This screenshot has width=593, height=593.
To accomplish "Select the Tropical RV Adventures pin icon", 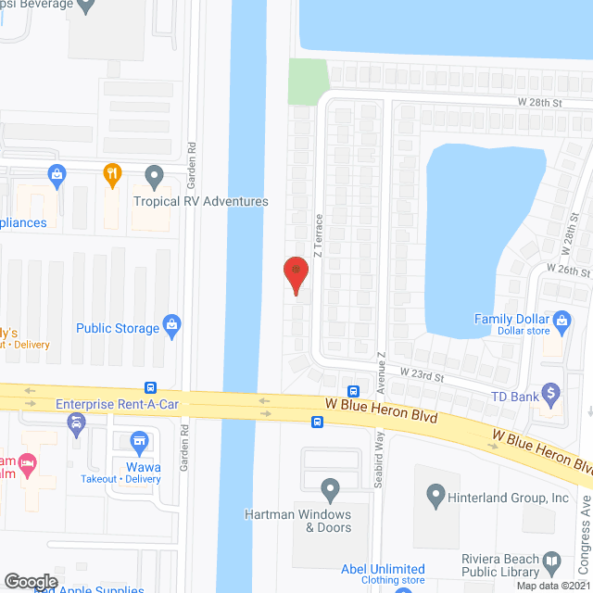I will coord(154,175).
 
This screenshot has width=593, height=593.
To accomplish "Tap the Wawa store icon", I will coord(139,442).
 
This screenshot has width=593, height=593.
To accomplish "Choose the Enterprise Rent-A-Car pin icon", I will coord(77,424).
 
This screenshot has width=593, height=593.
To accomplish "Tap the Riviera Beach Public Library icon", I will coord(552,562).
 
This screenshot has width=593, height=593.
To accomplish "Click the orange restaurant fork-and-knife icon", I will coord(111,173).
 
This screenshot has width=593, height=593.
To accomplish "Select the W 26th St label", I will coord(569,271).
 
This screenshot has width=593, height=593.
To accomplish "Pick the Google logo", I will coord(30,581).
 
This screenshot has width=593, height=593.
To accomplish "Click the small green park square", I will coord(308,82).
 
